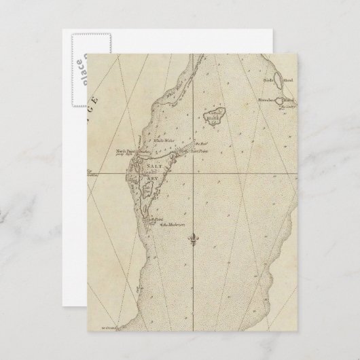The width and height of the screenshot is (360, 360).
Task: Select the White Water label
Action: [x=162, y=141]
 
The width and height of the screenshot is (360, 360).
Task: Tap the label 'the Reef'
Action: [x=200, y=144]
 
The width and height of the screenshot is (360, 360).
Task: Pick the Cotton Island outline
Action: [x=218, y=118]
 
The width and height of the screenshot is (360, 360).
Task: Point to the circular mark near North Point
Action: [x=135, y=161]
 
